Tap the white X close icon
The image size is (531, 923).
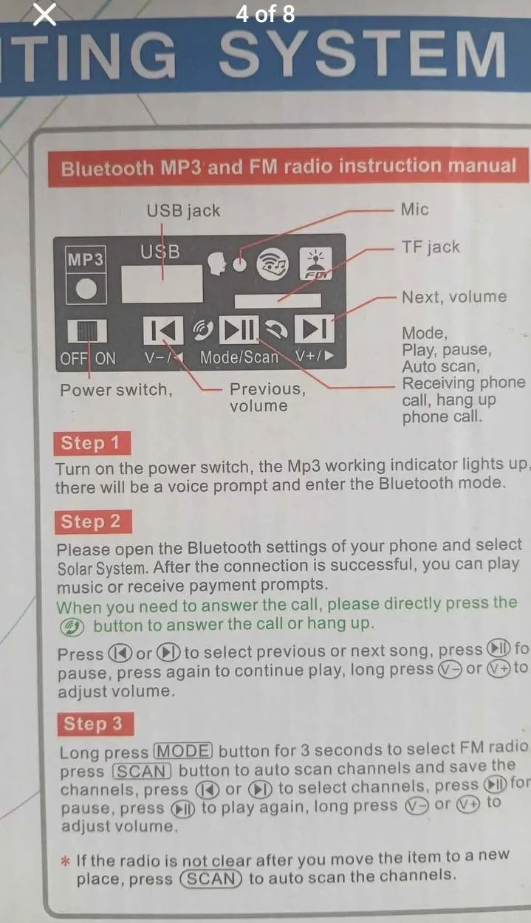pyautogui.click(x=44, y=15)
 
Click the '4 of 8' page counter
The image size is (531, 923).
pyautogui.click(x=265, y=14)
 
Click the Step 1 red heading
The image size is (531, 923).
pyautogui.click(x=92, y=443)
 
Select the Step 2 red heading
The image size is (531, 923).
pyautogui.click(x=93, y=521)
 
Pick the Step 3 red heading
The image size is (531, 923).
pyautogui.click(x=96, y=724)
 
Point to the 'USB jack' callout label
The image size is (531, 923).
pyautogui.click(x=183, y=210)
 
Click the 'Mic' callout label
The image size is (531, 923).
pyautogui.click(x=415, y=209)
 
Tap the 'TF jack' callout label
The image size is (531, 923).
pyautogui.click(x=431, y=247)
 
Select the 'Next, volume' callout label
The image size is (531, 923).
pyautogui.click(x=454, y=297)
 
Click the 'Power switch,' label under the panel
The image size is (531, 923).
pyautogui.click(x=116, y=390)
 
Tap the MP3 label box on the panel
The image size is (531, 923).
pyautogui.click(x=86, y=259)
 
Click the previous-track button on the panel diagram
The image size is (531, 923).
pyautogui.click(x=163, y=329)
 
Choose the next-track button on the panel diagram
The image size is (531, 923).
pyautogui.click(x=314, y=329)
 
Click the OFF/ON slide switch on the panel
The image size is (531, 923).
pyautogui.click(x=87, y=331)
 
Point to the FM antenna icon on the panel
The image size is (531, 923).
pyautogui.click(x=315, y=263)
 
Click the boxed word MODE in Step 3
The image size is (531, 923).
pyautogui.click(x=183, y=751)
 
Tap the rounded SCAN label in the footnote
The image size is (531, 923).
pyautogui.click(x=210, y=879)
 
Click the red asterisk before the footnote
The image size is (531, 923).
pyautogui.click(x=65, y=861)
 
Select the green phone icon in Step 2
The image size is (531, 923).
pyautogui.click(x=72, y=628)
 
